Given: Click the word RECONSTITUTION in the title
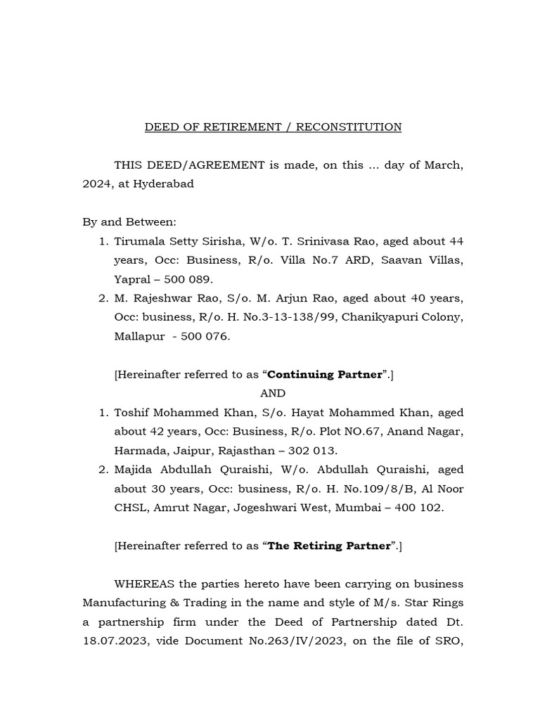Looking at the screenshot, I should tap(349, 127).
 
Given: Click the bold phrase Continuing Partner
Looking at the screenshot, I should tap(330, 374).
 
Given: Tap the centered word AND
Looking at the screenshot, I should tap(273, 393).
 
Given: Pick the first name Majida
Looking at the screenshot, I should tap(134, 470).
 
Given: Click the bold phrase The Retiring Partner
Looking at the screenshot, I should tap(330, 546).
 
